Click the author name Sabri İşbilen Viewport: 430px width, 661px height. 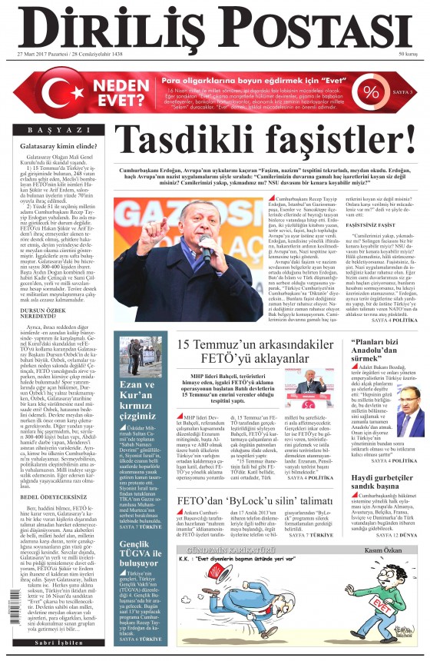59,642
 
